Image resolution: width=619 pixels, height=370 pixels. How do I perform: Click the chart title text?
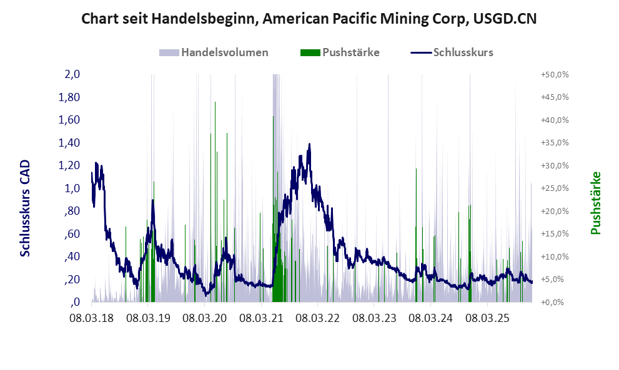[x=309, y=20]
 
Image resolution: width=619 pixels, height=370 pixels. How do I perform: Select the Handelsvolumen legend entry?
[x=224, y=52]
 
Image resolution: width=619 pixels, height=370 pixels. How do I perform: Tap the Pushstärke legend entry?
[x=350, y=52]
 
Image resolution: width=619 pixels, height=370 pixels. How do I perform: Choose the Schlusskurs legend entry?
[x=463, y=52]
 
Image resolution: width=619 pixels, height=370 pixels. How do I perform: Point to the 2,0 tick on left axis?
[x=72, y=74]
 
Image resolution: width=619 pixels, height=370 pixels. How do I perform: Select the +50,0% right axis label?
[x=555, y=74]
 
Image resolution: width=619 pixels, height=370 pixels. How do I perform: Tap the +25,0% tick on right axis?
[x=555, y=188]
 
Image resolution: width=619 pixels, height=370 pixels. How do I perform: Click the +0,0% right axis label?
[x=555, y=302]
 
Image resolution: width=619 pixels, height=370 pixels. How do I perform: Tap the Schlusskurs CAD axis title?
[x=26, y=207]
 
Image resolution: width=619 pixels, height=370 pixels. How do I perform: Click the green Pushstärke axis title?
[x=595, y=203]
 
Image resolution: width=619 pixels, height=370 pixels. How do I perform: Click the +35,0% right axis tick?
[x=555, y=143]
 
